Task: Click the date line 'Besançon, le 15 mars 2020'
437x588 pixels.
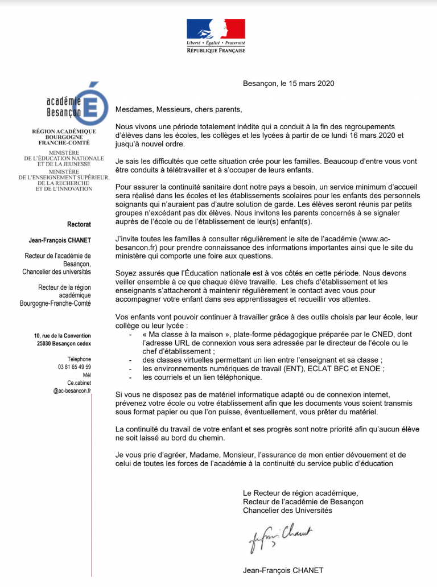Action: pos(288,83)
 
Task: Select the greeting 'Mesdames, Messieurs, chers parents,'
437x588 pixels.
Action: pos(179,109)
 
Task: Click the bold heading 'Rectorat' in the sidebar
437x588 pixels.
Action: pos(79,224)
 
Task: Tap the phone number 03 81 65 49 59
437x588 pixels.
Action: pos(75,367)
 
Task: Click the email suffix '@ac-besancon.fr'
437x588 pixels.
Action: pos(72,391)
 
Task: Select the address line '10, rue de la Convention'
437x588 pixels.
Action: pos(63,336)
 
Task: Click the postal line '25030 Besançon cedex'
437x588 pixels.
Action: pos(64,344)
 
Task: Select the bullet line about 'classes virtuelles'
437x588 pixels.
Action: pos(262,360)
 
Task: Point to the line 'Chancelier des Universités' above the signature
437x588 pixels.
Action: pos(287,510)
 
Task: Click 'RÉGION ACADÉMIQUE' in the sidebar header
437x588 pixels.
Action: pos(64,131)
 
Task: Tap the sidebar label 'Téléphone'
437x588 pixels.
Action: pos(79,359)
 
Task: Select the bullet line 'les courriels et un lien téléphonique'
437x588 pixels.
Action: pos(202,377)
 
